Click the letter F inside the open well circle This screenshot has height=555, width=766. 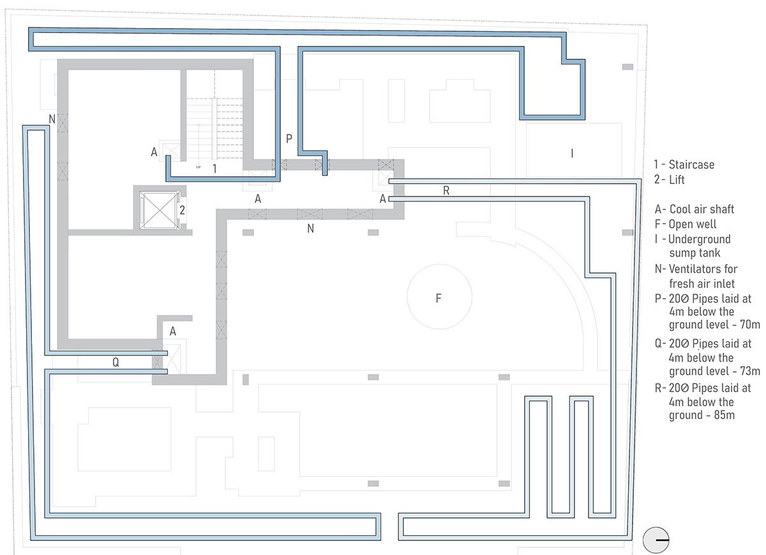pyautogui.click(x=439, y=298)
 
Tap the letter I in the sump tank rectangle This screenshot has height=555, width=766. pyautogui.click(x=572, y=153)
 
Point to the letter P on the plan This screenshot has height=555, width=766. pyautogui.click(x=289, y=138)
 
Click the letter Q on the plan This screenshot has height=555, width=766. pyautogui.click(x=116, y=362)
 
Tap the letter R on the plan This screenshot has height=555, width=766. pyautogui.click(x=446, y=191)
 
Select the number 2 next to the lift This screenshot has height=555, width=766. pyautogui.click(x=182, y=209)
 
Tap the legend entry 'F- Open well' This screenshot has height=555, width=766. pyautogui.click(x=686, y=224)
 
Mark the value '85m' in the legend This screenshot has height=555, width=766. pyautogui.click(x=722, y=416)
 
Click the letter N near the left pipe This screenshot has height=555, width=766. pyautogui.click(x=52, y=119)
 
